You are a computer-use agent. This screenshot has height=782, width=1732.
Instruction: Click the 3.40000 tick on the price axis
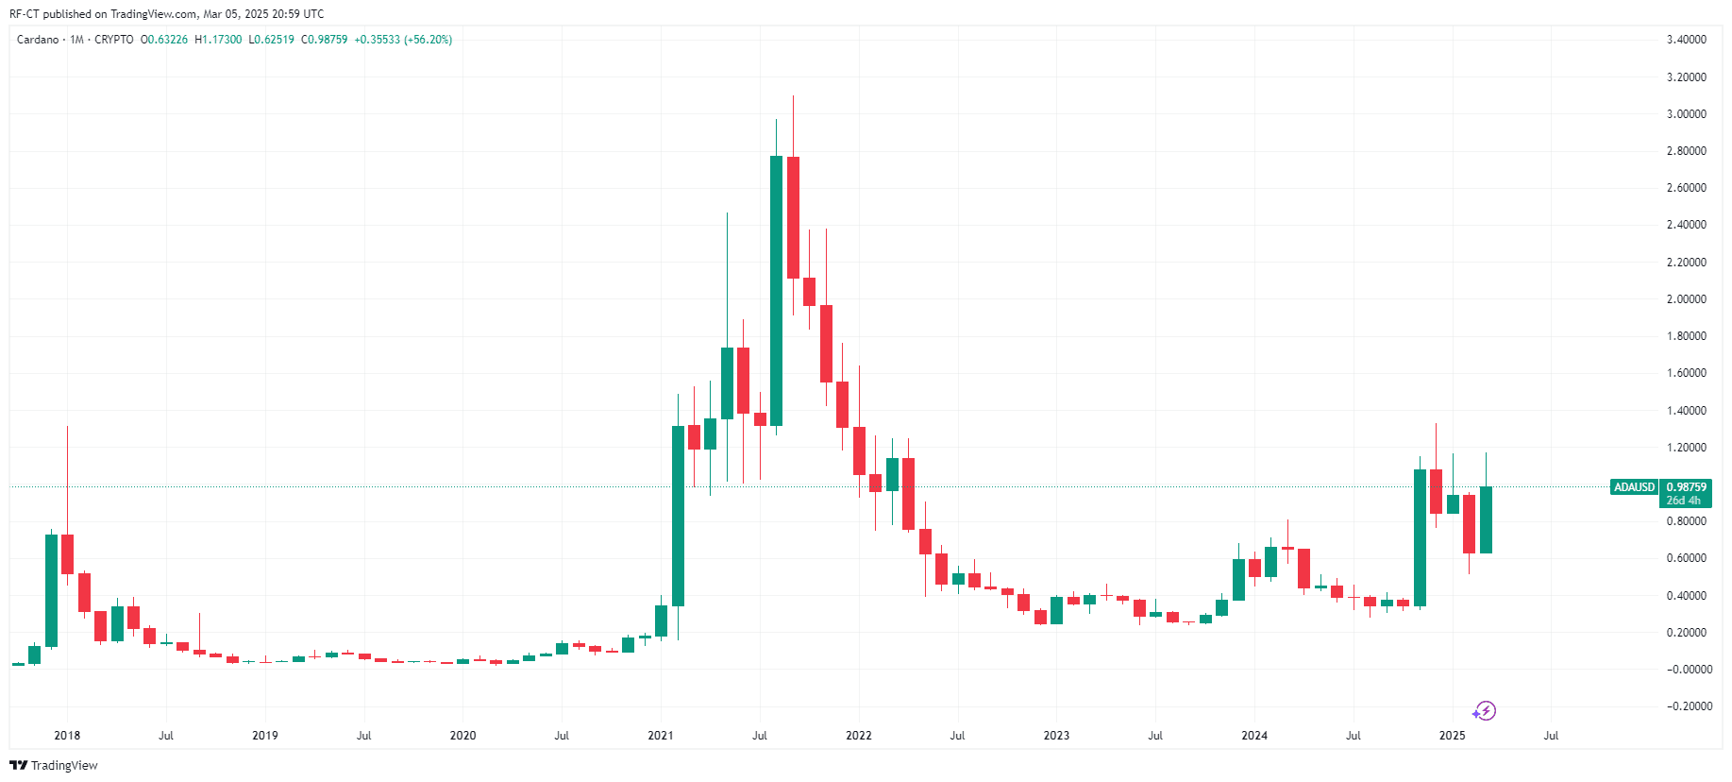[1686, 40]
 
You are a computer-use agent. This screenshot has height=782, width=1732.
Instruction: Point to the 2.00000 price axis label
[1686, 299]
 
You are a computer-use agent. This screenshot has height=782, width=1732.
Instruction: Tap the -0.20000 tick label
[1686, 706]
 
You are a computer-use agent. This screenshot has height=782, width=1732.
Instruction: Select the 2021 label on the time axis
[661, 736]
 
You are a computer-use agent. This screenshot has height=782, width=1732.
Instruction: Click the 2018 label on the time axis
[67, 736]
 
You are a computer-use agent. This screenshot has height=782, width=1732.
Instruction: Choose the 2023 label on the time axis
[1056, 736]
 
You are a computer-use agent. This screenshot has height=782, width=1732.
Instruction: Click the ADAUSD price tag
[1634, 487]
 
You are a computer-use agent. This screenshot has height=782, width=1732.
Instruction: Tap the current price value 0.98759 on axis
[1686, 487]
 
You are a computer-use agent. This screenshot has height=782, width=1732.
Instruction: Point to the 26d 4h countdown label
[1683, 501]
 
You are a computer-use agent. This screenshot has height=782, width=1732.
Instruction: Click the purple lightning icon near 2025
[1485, 711]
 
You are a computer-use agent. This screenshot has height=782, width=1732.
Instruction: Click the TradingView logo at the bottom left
[54, 765]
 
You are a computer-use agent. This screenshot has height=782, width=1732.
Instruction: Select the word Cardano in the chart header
[38, 40]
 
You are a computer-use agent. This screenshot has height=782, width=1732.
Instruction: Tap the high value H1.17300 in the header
[218, 40]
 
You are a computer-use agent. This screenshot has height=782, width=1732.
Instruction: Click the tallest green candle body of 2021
[776, 291]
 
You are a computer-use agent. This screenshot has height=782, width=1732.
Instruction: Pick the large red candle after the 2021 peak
[793, 217]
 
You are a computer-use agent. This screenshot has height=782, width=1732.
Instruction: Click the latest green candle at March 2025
[1486, 519]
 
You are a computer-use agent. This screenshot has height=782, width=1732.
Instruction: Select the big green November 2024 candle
[1420, 537]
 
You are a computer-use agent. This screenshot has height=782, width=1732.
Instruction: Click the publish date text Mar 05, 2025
[236, 14]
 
